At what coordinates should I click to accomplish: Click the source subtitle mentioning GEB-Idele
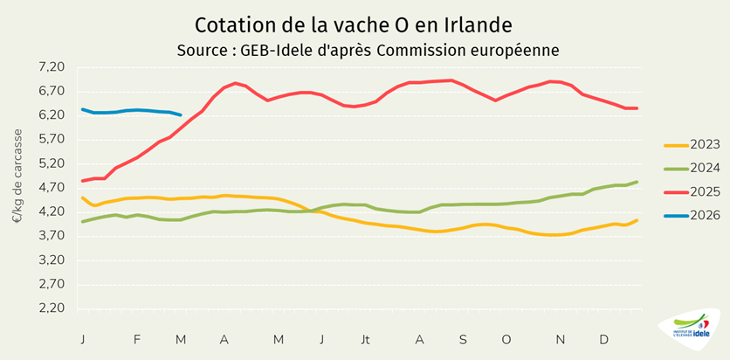pos(367,50)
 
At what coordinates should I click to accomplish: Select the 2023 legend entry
pos(691,145)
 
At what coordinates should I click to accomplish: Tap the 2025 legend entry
pos(691,191)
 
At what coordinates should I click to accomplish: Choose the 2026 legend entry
pos(691,215)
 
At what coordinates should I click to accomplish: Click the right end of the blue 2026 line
pos(180,114)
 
